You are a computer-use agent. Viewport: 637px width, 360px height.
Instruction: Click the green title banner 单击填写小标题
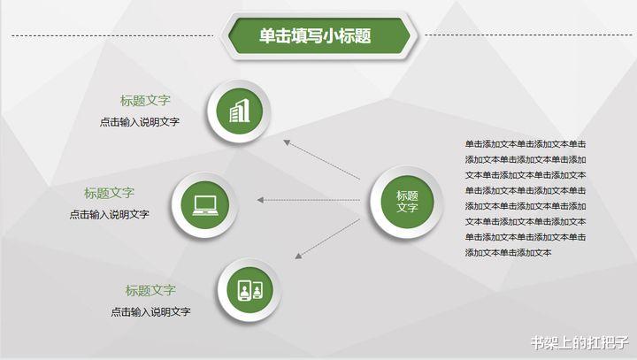[x=318, y=36]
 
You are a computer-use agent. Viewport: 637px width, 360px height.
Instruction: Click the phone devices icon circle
[x=249, y=290]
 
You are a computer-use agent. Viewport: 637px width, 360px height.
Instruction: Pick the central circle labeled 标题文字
[x=407, y=202]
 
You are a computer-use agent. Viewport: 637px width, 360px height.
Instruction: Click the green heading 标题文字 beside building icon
[x=146, y=101]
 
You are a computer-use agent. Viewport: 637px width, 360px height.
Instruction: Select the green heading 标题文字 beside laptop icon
[x=110, y=193]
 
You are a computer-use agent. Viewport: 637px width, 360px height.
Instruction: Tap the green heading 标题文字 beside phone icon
[x=150, y=290]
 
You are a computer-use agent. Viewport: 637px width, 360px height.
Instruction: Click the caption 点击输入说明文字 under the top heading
[x=140, y=122]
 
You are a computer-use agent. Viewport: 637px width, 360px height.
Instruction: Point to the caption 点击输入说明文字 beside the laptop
[x=110, y=214]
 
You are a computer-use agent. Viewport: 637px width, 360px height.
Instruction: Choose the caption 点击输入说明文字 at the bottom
[x=150, y=311]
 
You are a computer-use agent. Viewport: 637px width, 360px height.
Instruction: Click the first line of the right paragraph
[x=526, y=144]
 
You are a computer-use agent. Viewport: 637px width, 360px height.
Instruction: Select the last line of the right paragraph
[x=509, y=253]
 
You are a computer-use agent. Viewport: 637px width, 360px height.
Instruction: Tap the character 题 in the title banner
[x=360, y=36]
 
